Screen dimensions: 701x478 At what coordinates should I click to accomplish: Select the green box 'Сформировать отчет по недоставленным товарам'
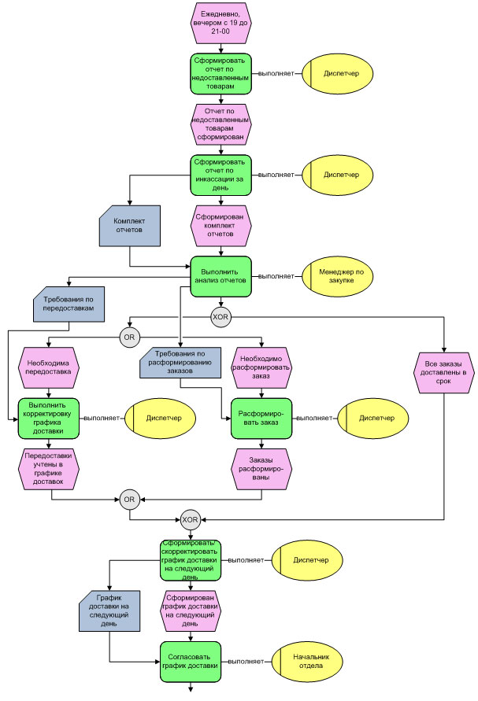click(x=220, y=73)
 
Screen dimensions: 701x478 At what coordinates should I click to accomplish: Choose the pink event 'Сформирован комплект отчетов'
click(x=220, y=224)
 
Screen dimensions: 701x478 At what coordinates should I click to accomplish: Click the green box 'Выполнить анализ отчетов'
click(x=220, y=275)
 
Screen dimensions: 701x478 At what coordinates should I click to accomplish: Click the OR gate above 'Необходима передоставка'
click(x=129, y=338)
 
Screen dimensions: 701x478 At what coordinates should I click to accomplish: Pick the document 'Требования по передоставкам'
click(x=69, y=305)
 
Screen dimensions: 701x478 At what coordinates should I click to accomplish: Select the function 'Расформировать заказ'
click(x=261, y=418)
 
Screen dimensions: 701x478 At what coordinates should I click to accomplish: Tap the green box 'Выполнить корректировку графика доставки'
click(x=50, y=418)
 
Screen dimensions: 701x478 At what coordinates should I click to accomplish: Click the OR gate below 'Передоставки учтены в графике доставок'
click(x=129, y=498)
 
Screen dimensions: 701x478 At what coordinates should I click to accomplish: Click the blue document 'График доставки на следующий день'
click(x=110, y=612)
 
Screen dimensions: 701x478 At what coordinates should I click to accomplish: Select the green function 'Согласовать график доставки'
click(x=190, y=662)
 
